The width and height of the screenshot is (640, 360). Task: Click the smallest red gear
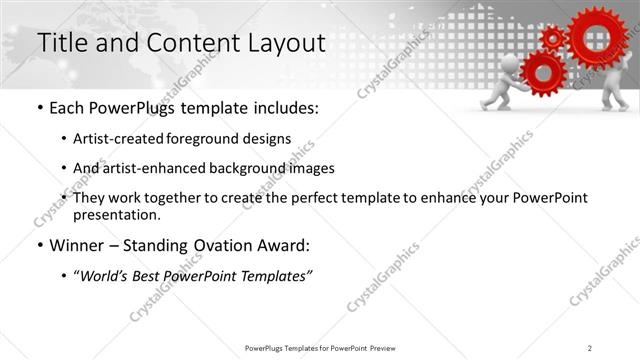pos(552,38)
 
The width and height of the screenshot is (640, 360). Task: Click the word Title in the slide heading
pos(62,43)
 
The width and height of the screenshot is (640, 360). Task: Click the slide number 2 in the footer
pos(589,347)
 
